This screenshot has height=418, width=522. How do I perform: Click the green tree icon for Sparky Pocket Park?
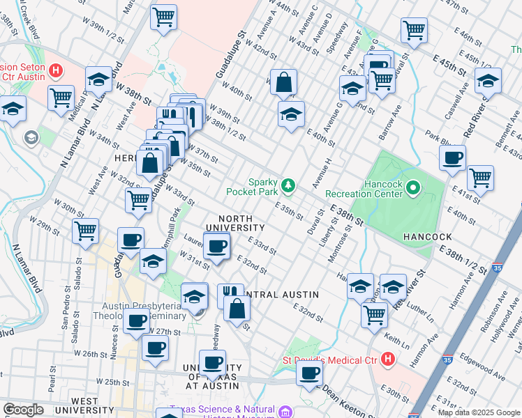coord(288,185)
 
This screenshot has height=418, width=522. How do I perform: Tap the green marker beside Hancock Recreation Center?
coord(413,187)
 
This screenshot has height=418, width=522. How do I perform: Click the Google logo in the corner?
coord(23,410)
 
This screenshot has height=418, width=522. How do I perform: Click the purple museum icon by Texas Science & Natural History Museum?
coord(285,412)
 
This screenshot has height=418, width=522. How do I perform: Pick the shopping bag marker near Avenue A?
coord(284,82)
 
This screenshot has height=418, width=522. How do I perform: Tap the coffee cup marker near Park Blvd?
coord(453,157)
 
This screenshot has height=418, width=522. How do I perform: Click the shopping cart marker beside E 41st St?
coord(480,178)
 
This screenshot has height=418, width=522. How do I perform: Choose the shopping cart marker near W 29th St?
coord(85,231)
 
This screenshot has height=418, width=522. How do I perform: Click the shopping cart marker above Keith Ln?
coord(374,314)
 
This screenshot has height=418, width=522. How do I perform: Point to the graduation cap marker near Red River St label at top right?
coord(487,80)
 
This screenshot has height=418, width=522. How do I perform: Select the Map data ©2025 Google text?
coord(479,412)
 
